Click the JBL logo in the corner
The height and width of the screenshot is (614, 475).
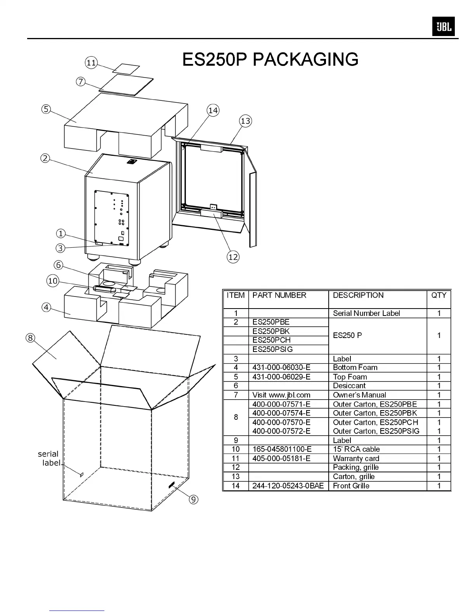(443, 27)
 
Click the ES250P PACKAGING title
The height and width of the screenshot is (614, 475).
(270, 59)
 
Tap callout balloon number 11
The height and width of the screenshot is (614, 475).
(91, 63)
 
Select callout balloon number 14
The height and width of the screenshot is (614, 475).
(213, 110)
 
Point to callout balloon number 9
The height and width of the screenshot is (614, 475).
(193, 499)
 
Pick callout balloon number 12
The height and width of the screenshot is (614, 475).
(233, 257)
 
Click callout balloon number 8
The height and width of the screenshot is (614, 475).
(30, 338)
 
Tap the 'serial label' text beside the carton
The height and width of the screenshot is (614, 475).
(49, 458)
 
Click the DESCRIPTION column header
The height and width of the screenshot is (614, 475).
(358, 295)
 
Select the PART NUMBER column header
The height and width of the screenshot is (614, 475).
(279, 295)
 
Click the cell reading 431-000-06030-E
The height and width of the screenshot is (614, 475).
(281, 367)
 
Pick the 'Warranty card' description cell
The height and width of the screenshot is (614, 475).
(356, 459)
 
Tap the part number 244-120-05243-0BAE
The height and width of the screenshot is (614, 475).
(288, 486)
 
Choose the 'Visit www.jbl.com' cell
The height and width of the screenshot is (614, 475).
(281, 395)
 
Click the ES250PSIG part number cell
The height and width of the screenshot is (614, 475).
(272, 349)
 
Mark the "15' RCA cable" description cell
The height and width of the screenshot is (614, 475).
(356, 449)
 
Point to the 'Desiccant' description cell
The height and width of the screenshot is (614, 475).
(349, 386)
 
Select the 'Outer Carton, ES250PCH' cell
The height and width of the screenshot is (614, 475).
(375, 422)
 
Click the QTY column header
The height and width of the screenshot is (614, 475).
(439, 295)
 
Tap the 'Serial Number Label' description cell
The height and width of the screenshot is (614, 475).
(366, 313)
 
